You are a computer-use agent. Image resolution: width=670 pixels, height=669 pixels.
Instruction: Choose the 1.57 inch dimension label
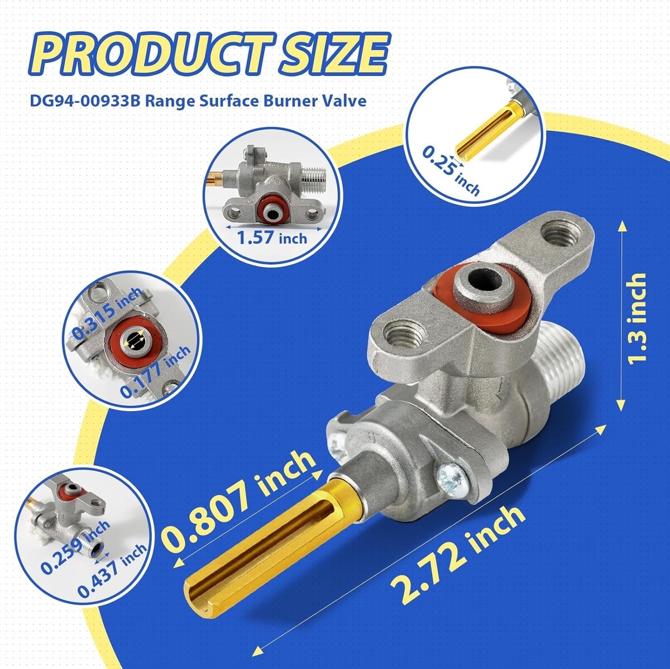272,238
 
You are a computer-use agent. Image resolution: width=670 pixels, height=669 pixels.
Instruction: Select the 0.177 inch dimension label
155,372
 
